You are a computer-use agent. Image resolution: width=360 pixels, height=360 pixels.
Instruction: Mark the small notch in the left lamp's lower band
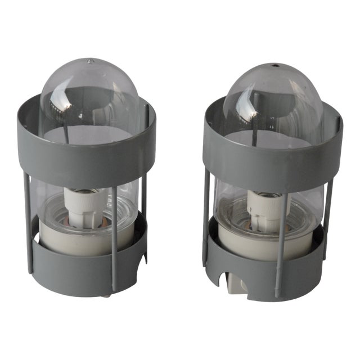pyautogui.click(x=144, y=259)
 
